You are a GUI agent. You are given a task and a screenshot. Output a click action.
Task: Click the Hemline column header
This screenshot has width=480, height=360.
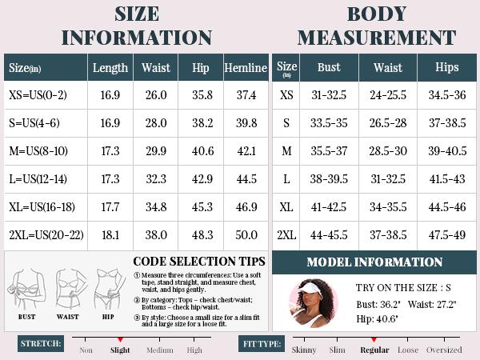coord(246,68)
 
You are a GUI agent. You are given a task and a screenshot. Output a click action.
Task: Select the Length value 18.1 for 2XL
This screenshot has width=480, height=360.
coord(110,235)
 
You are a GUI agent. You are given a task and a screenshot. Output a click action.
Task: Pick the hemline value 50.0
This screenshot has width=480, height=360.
coord(246,235)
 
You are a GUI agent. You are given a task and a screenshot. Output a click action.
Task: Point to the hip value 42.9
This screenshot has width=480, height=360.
coord(201,179)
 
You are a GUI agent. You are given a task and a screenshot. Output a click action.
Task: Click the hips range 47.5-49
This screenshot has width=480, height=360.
coord(447,235)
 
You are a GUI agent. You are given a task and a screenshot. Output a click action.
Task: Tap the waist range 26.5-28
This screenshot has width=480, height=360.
coord(388,123)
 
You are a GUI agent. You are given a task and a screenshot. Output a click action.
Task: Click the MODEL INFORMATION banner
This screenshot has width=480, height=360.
coord(374,262)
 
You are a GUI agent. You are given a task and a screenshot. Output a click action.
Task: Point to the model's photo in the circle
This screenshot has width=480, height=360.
coord(312,303)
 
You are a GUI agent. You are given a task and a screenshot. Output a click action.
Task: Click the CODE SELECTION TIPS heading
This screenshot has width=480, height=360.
coord(199,262)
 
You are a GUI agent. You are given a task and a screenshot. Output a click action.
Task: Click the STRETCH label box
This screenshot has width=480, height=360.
coord(41,344)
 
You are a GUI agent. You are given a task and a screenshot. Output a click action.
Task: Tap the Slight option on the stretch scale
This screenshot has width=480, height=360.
coord(120,350)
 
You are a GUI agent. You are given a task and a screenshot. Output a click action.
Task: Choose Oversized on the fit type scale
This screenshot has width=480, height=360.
coord(444,350)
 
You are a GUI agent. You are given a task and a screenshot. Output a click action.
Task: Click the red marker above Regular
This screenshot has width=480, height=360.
coord(374,340)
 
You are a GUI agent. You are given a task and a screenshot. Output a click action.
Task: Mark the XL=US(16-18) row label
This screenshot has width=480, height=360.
coord(42,207)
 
